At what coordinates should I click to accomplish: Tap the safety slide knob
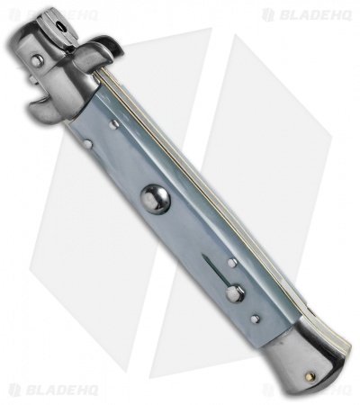[x=235, y=292]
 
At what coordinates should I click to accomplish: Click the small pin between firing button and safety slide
[x=231, y=263]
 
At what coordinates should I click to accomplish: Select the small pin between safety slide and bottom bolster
[x=256, y=318]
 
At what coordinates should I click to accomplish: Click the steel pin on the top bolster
[x=36, y=61]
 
